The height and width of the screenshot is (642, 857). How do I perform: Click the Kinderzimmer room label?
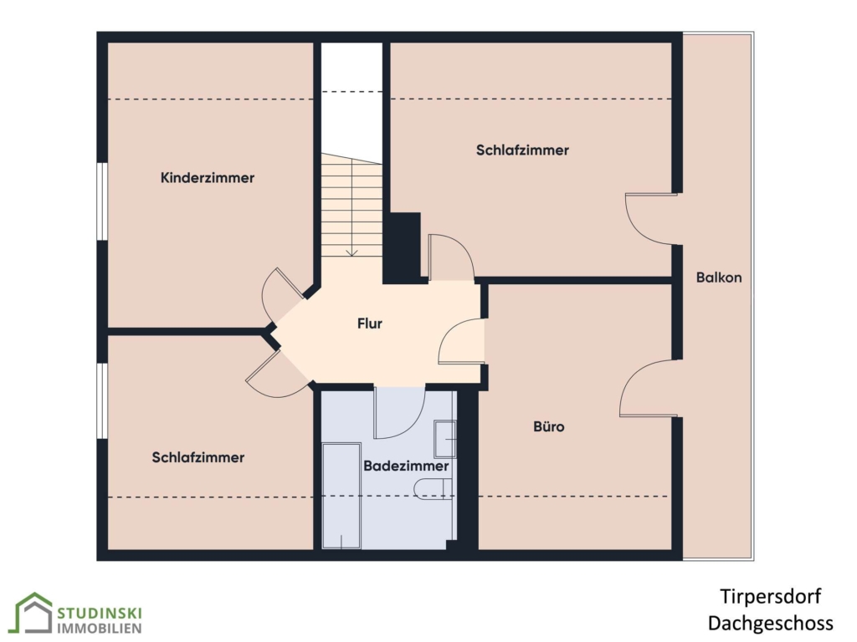click(x=208, y=177)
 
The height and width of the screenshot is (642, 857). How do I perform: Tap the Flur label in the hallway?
click(x=369, y=324)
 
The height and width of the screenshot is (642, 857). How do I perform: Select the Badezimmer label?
click(x=406, y=466)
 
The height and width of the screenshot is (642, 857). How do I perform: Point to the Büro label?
click(x=549, y=426)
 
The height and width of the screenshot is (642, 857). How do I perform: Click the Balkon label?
click(x=719, y=278)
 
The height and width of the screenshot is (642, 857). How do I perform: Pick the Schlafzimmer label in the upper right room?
click(x=522, y=150)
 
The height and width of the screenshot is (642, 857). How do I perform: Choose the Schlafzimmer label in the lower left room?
click(x=198, y=457)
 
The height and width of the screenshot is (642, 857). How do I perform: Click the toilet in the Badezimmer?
click(x=434, y=489)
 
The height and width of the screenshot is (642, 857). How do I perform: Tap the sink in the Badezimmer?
click(x=445, y=439)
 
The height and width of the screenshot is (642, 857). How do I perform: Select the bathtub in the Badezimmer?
click(x=341, y=496)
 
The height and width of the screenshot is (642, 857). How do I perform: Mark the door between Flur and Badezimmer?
click(x=399, y=413)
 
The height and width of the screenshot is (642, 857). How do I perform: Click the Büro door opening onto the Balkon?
click(x=649, y=388)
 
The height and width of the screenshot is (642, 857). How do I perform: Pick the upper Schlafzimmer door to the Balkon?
click(x=651, y=218)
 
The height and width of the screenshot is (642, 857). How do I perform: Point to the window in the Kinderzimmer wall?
click(x=102, y=201)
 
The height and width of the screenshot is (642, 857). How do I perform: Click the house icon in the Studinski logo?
click(x=33, y=614)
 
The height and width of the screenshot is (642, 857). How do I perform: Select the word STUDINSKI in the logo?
click(x=100, y=613)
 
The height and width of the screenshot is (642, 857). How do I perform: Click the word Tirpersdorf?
click(x=770, y=596)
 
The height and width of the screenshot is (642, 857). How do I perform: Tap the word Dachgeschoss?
click(x=770, y=623)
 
